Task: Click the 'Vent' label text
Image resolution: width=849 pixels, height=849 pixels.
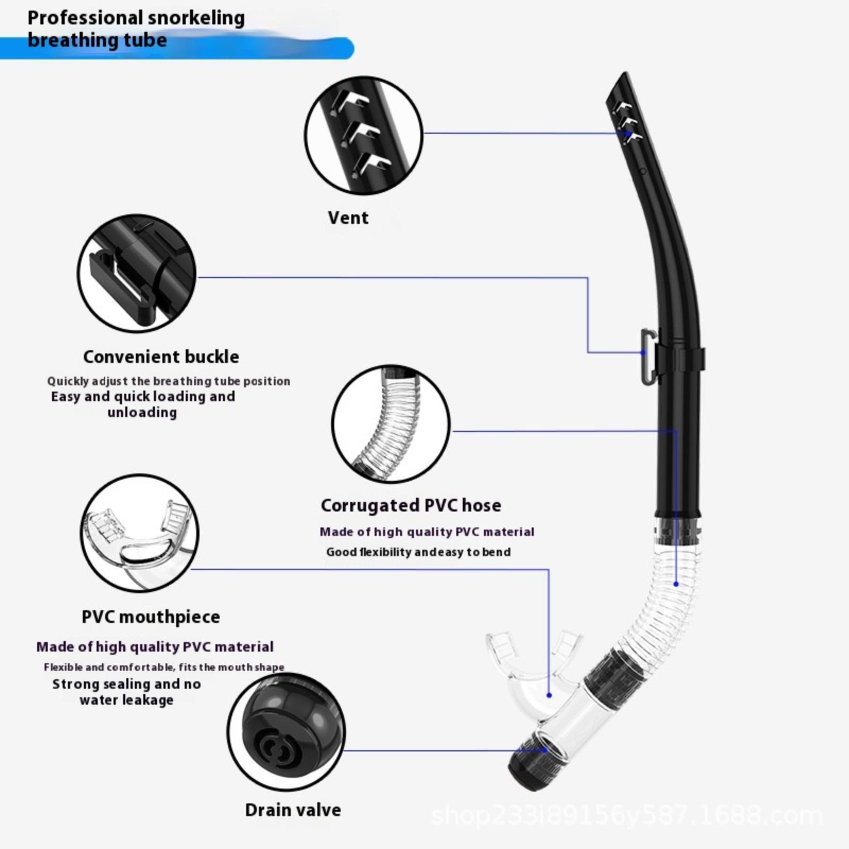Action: [x=348, y=218]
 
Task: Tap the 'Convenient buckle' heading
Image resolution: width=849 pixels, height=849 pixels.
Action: [x=161, y=357]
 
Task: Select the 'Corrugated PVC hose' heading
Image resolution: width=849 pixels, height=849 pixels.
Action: [x=411, y=506]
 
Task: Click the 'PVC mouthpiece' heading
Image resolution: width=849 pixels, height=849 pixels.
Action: [x=151, y=617]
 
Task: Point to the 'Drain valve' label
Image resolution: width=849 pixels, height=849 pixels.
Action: [x=293, y=810]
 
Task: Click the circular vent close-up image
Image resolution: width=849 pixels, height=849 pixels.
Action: [x=364, y=136]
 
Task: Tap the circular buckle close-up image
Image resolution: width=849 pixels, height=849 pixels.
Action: [x=137, y=273]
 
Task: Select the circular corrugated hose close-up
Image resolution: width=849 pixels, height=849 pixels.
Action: [x=391, y=424]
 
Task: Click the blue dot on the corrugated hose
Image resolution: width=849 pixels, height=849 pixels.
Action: [x=676, y=584]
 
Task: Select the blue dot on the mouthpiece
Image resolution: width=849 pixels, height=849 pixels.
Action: [x=549, y=695]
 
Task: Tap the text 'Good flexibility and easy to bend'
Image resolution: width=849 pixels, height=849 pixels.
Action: [x=419, y=552]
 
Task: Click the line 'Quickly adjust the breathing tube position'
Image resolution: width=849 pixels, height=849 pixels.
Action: [x=169, y=381]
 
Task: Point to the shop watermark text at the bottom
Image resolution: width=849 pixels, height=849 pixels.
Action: [x=627, y=816]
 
